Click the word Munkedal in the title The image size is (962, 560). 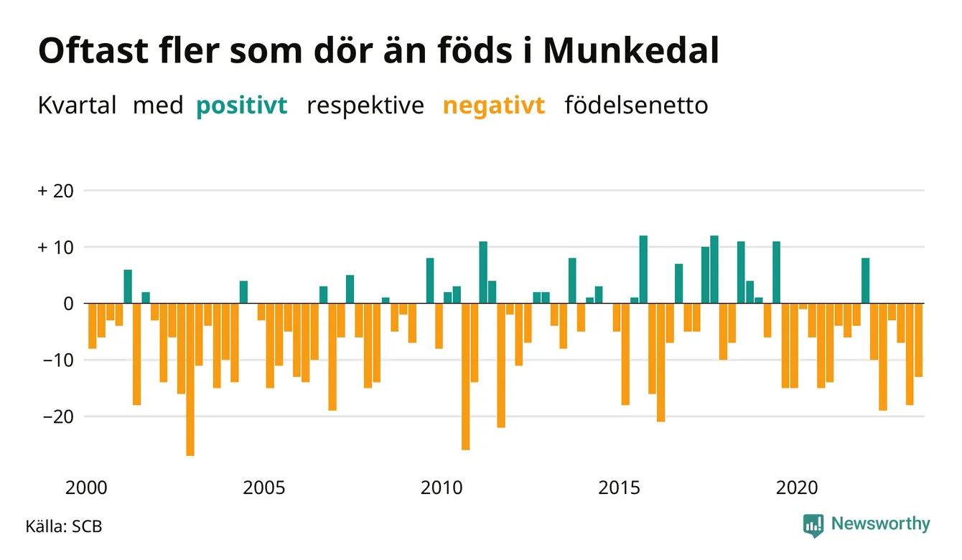click(631, 50)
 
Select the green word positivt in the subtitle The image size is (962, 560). click(242, 106)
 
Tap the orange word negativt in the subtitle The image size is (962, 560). click(494, 106)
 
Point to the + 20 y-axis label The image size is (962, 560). click(56, 191)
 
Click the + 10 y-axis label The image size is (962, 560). click(56, 248)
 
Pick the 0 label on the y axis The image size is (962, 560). click(69, 304)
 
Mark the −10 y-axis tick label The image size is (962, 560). click(58, 360)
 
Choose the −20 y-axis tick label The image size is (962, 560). click(58, 416)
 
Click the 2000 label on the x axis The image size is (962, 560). click(86, 488)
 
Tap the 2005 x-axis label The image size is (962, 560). click(264, 488)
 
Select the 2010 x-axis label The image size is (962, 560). click(442, 488)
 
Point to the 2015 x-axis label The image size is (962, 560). click(620, 488)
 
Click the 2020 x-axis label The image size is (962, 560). click(797, 488)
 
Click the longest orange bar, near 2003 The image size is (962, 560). click(190, 380)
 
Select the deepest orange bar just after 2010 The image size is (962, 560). click(465, 377)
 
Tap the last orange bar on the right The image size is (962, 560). click(919, 340)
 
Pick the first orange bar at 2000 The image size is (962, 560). click(93, 326)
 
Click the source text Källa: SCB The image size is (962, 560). click(64, 526)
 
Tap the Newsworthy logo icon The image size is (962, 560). click(813, 526)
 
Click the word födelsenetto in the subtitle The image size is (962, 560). click(637, 106)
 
